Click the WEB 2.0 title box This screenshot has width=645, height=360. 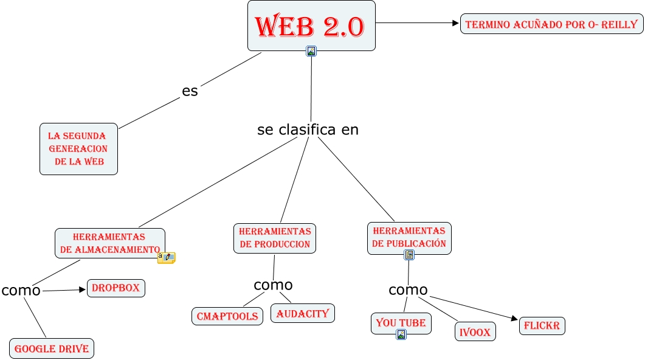point(311,26)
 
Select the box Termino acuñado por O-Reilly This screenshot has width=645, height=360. point(551,24)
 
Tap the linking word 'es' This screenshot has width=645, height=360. point(190,91)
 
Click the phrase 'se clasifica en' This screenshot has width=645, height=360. point(308,130)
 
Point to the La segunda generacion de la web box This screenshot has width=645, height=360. point(78,149)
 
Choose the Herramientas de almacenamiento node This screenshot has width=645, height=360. point(109,243)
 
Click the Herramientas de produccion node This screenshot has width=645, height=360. point(275,238)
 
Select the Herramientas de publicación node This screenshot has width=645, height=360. point(409,237)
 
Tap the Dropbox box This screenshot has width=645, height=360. point(116,288)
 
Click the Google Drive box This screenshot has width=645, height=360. point(52,348)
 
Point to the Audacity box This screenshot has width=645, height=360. point(302,314)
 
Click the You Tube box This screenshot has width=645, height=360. point(401,322)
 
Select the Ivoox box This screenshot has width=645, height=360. point(475,332)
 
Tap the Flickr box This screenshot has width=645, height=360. point(542,325)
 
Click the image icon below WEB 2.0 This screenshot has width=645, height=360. point(311,52)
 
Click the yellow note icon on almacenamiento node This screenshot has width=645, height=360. point(167,258)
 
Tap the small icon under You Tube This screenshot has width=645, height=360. point(401,334)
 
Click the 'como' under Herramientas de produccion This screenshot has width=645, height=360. point(273,285)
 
